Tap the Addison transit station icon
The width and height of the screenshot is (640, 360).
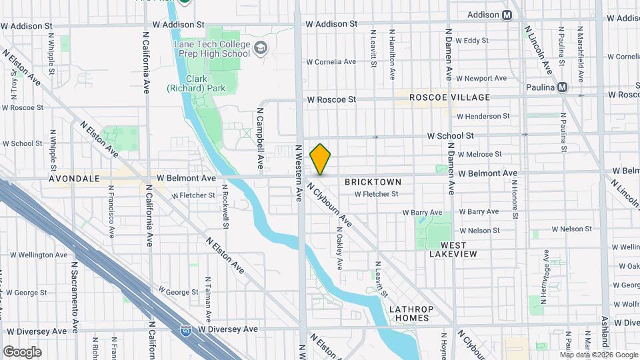coord(508,15)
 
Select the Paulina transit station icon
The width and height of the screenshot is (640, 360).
coord(563,87)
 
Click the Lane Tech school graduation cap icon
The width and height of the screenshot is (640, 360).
coord(259,48)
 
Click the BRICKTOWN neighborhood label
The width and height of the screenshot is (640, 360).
coord(373,182)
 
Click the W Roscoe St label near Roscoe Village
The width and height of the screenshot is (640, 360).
coord(331,99)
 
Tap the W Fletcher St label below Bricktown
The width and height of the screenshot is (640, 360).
coord(376,195)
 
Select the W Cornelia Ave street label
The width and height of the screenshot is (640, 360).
coord(331,61)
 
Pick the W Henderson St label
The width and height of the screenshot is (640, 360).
coord(483,116)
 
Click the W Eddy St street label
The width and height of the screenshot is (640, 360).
coord(476,41)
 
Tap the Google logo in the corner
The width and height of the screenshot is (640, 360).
coord(22,351)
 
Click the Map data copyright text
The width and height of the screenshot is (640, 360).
coord(598,355)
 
